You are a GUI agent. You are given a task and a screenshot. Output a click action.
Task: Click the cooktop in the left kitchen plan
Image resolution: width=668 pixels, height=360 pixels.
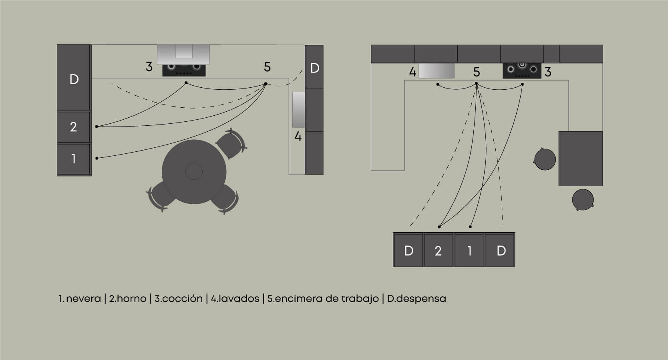click(x=184, y=70)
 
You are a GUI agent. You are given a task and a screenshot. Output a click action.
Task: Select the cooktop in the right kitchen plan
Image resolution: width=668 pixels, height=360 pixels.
click(x=522, y=71)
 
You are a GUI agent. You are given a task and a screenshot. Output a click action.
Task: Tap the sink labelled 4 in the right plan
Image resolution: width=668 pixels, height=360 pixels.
click(x=436, y=71)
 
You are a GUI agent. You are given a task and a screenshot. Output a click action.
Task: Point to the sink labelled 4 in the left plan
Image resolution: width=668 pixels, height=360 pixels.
click(x=298, y=110)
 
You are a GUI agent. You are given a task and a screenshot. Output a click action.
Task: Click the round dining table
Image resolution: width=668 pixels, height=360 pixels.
click(x=194, y=172)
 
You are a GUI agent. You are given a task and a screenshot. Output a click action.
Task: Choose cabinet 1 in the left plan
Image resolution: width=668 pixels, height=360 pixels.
click(x=74, y=159)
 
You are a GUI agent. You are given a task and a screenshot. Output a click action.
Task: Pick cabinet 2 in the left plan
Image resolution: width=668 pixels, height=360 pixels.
click(x=74, y=127)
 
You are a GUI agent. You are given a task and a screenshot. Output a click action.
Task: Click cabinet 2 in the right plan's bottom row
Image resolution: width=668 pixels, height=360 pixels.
click(x=439, y=250)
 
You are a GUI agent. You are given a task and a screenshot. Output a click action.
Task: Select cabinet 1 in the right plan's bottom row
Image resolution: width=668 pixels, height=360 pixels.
click(x=469, y=250)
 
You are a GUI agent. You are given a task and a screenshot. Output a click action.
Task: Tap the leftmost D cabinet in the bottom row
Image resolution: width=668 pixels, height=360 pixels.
click(x=408, y=250)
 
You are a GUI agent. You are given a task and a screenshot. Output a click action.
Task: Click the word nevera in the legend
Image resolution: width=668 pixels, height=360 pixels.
click(x=83, y=299)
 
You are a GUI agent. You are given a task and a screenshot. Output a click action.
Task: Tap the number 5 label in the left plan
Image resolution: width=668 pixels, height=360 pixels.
click(x=267, y=67)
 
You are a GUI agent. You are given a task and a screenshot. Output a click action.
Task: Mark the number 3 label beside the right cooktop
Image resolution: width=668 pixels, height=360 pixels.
click(x=548, y=72)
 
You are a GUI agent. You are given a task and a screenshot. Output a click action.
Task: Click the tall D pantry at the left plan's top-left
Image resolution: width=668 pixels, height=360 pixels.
click(x=74, y=78)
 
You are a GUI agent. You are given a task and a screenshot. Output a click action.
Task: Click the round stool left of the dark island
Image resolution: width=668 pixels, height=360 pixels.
click(x=545, y=159)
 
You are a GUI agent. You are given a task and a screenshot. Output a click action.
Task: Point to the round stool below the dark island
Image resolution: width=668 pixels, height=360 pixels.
click(x=583, y=200)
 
